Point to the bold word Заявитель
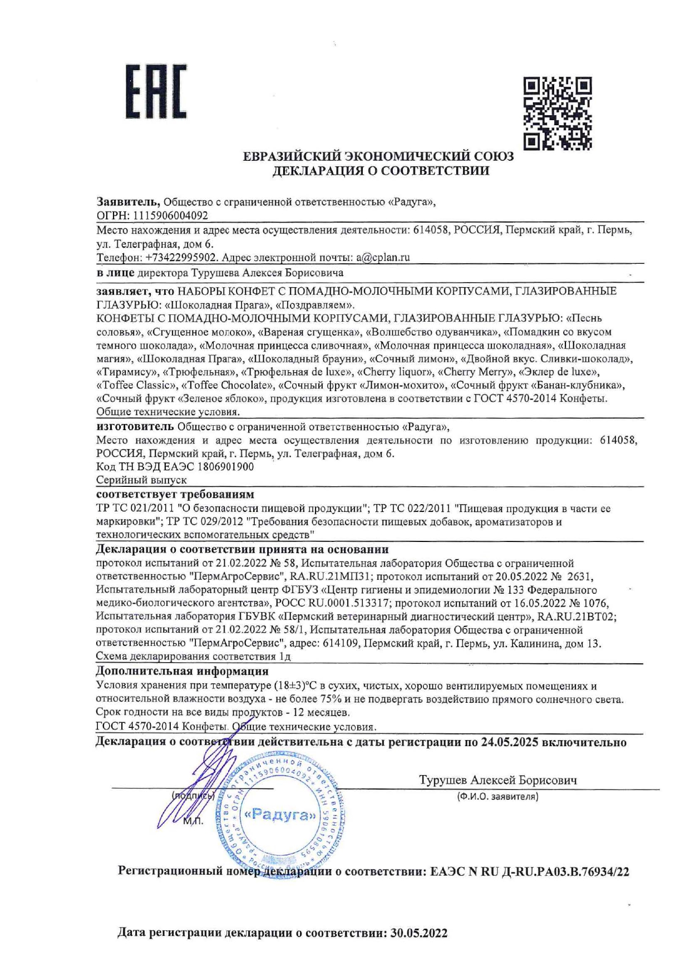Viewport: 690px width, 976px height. tap(129, 201)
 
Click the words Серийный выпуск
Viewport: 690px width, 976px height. tap(141, 480)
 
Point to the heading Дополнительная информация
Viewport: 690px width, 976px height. tap(182, 671)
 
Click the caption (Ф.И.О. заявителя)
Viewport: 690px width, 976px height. tap(497, 796)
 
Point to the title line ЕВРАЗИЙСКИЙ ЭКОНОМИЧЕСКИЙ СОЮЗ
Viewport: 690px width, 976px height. tap(378, 156)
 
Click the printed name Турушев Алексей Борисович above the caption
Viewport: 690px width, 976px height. tap(498, 780)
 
